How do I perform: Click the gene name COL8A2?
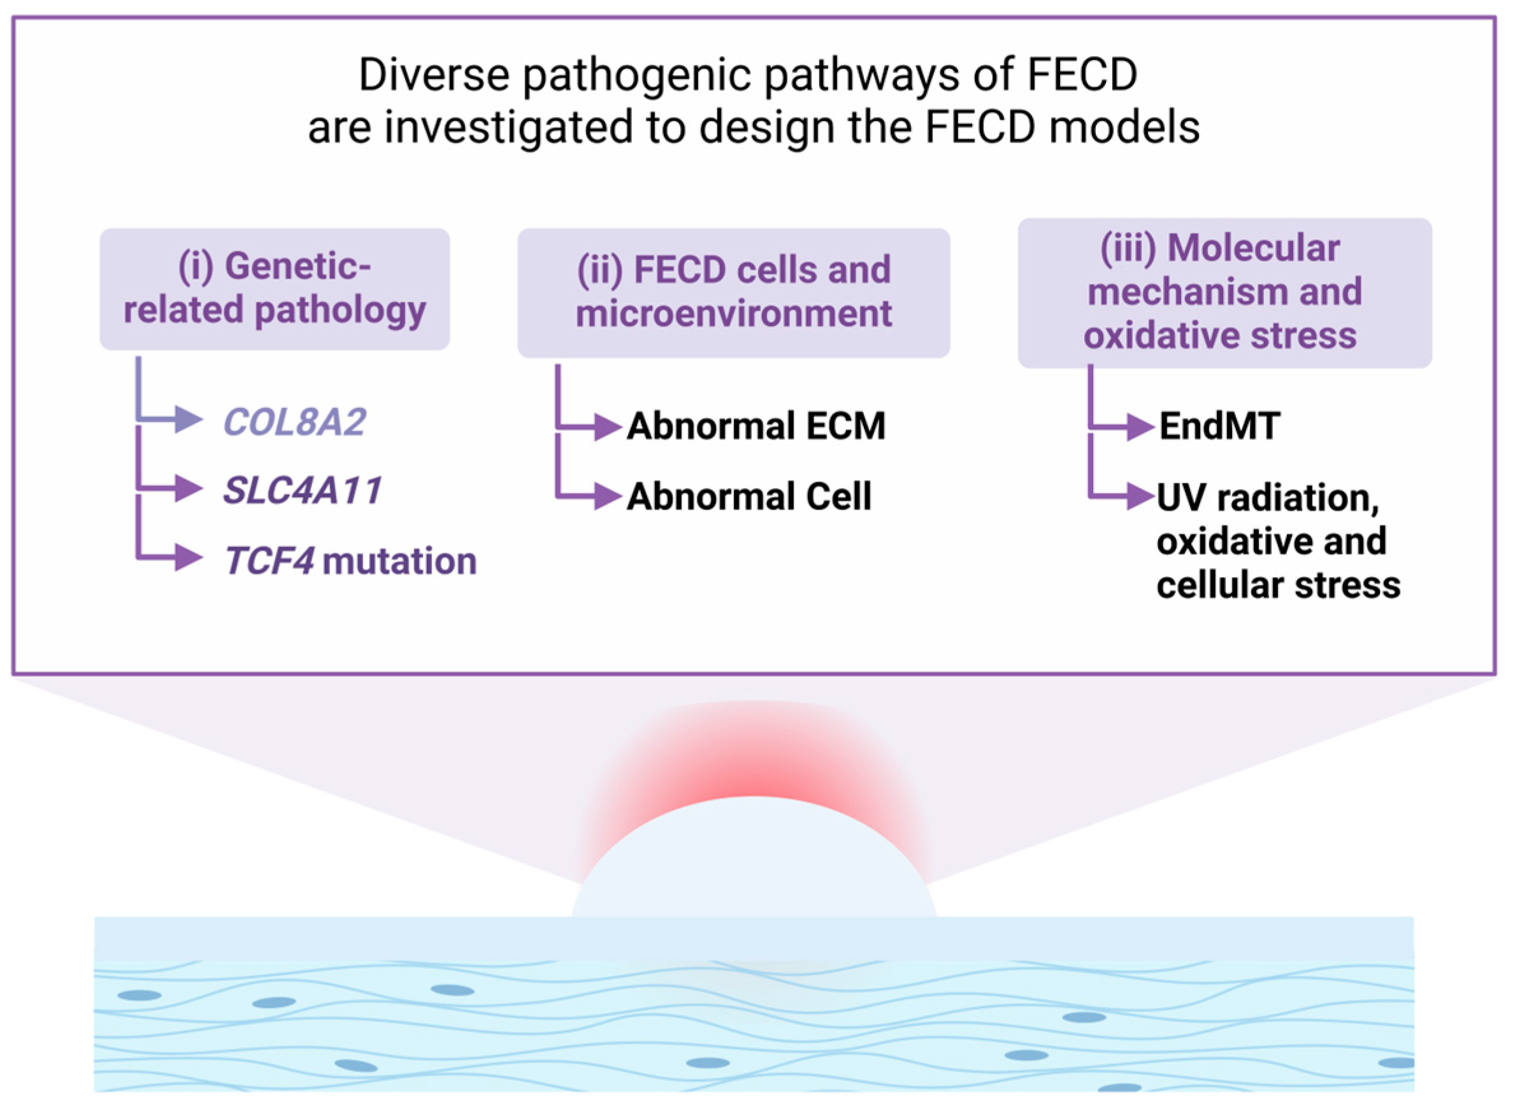point(294,422)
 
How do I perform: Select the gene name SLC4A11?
point(302,491)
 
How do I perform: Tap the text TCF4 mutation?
point(350,561)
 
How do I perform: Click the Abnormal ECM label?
point(756,426)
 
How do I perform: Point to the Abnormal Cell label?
point(749,496)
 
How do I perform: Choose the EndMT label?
point(1219,426)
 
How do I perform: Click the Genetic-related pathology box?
point(274,289)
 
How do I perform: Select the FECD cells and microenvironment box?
point(733,292)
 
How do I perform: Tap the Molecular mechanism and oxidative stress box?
point(1224,292)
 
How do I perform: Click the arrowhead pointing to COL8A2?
point(188,420)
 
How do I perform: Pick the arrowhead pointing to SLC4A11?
point(188,489)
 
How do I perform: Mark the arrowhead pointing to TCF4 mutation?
point(188,557)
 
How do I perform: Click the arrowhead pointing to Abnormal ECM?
point(607,427)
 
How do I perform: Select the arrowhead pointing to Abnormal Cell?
point(607,496)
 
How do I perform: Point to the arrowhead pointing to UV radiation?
point(1140,496)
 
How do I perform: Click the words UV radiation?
point(1268,497)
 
